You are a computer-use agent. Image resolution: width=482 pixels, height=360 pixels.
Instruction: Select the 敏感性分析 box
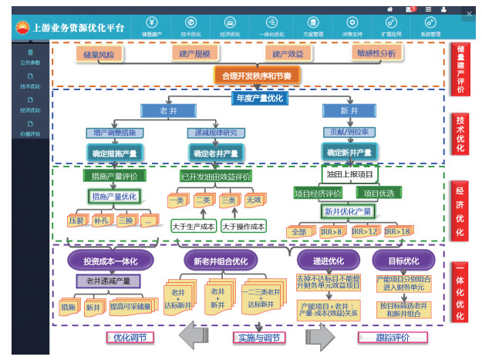[x=376, y=53]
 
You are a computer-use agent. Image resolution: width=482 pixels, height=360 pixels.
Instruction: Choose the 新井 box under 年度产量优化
[x=349, y=112]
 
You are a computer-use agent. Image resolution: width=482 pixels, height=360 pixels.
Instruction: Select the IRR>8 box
[x=332, y=231]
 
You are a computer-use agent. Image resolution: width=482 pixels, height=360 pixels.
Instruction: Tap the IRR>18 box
[x=396, y=231]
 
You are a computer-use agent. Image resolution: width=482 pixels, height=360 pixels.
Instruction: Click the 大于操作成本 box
[x=243, y=226]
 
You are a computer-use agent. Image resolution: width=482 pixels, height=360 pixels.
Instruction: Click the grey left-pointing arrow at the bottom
[x=192, y=337]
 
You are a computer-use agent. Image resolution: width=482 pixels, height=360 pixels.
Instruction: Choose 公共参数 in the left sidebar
[x=30, y=57]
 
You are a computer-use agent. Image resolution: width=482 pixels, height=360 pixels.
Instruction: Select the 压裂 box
[x=76, y=220]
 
